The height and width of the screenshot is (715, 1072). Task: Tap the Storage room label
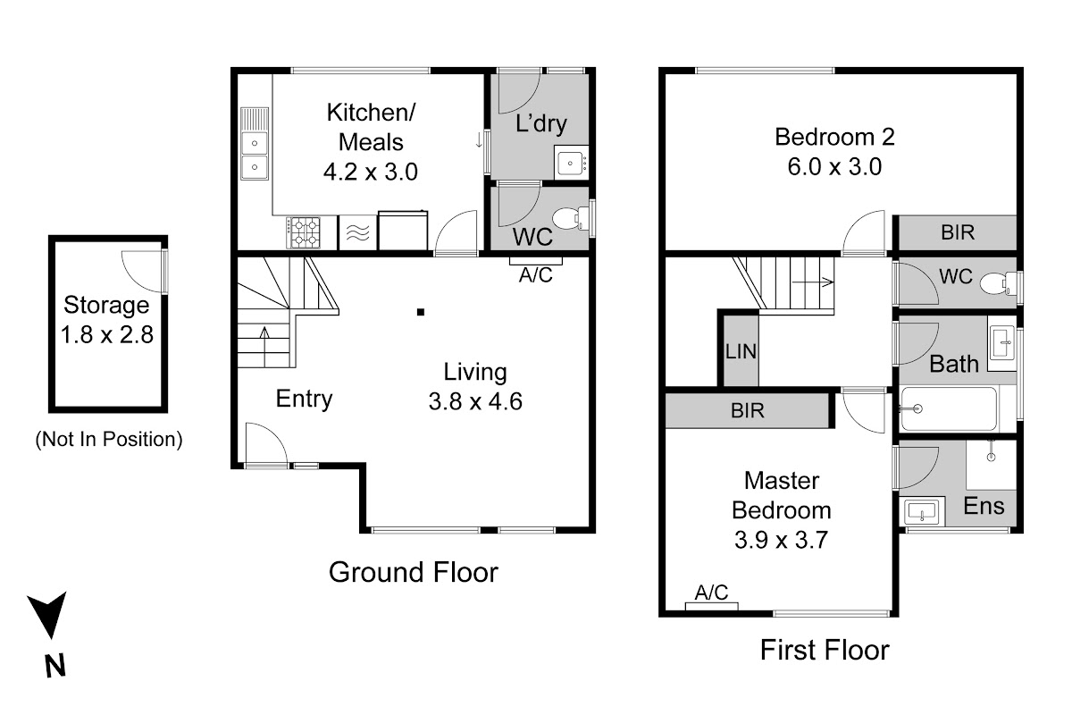106,305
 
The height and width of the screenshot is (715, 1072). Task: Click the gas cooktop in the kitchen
304,232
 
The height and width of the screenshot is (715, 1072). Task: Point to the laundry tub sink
572,163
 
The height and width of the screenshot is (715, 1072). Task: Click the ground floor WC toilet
571,218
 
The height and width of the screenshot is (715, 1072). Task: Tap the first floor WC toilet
999,283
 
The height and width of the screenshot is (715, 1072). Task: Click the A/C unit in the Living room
535,261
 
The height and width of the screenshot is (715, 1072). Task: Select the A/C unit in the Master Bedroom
712,606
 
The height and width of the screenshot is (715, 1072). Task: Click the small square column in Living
421,312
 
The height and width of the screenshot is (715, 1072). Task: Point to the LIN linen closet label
741,351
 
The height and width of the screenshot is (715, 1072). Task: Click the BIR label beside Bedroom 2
958,232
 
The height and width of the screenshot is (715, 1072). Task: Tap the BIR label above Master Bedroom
748,410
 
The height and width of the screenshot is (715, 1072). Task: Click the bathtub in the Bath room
949,409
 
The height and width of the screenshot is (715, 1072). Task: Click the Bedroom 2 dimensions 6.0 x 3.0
834,166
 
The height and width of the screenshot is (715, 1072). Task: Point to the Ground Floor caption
414,572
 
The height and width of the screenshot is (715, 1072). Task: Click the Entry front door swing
266,443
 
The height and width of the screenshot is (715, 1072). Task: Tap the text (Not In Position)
109,439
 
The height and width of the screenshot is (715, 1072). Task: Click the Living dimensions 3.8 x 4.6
475,401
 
